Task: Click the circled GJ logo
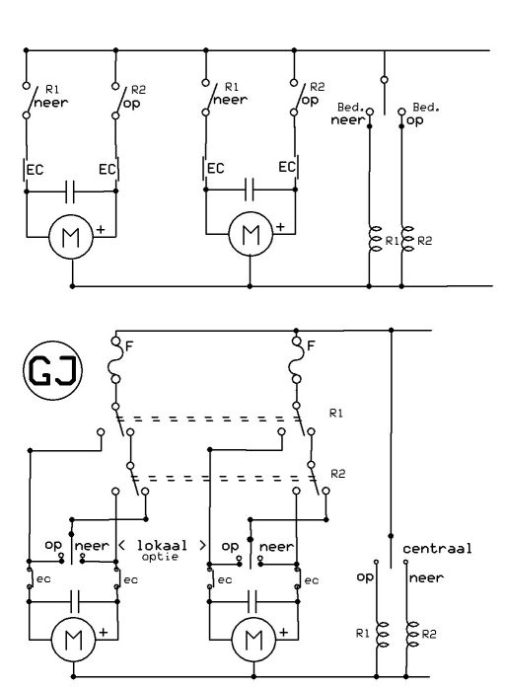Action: coord(52,370)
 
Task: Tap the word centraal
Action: coord(437,549)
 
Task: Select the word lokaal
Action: coord(162,545)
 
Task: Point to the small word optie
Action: coord(160,557)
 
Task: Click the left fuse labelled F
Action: coord(115,360)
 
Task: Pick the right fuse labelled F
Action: coord(297,360)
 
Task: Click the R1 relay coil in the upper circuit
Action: coord(375,239)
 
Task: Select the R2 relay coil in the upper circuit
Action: coord(407,239)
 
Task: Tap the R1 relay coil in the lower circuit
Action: coord(382,634)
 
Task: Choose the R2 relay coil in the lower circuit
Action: coord(412,634)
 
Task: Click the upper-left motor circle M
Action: coord(71,237)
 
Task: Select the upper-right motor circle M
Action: coord(251,234)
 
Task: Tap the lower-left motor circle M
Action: coord(73,640)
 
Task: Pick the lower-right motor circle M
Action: coord(253,640)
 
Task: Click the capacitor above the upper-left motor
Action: coord(70,191)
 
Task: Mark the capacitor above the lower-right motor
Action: coord(253,601)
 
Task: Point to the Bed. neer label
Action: coord(349,114)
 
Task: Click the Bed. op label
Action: coord(422,114)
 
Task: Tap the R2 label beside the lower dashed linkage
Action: coord(337,474)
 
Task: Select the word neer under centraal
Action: coord(426,577)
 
